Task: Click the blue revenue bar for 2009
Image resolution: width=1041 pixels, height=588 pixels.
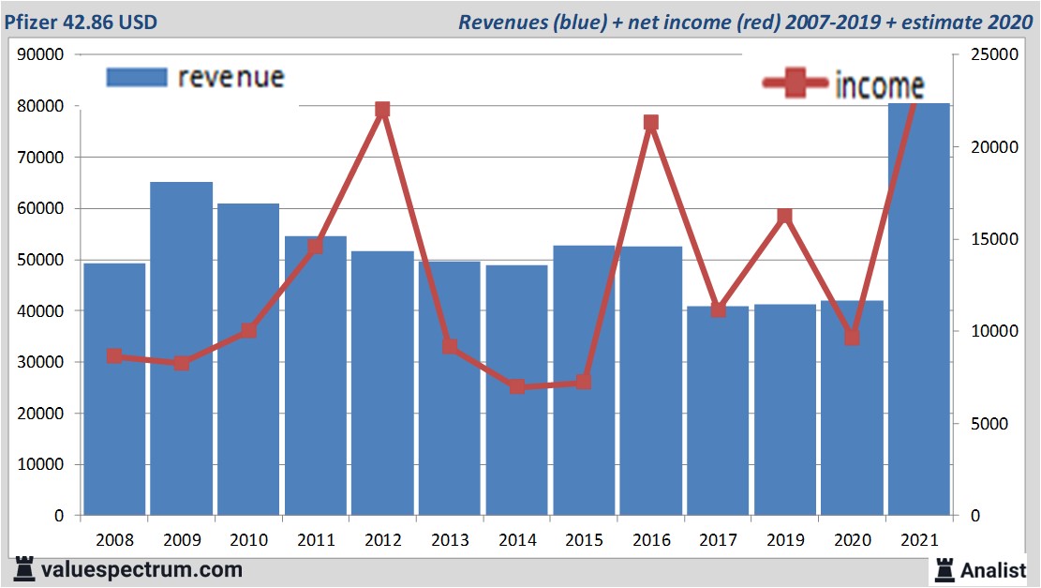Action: (x=181, y=347)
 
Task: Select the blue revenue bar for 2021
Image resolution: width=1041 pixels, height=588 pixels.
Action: (x=918, y=309)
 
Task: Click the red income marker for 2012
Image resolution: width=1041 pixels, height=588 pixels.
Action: (x=382, y=110)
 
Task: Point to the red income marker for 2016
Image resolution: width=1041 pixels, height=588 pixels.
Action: (x=651, y=123)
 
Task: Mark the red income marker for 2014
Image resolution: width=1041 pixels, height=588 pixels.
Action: (x=516, y=386)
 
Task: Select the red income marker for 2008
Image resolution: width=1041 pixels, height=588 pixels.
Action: (x=114, y=356)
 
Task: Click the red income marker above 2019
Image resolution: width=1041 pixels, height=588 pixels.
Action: (x=785, y=217)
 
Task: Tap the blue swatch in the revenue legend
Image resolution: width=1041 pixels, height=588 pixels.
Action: (x=136, y=77)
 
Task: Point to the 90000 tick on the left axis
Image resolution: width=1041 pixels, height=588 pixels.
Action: (x=40, y=54)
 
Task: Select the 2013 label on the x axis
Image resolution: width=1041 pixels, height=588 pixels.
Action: (x=450, y=540)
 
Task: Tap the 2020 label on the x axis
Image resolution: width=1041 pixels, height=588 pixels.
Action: (x=852, y=540)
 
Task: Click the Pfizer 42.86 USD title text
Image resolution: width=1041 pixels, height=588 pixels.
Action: (x=80, y=21)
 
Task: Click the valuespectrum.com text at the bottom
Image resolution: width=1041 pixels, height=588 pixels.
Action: (x=141, y=569)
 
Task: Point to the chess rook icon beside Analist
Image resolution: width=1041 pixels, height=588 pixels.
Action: (x=944, y=569)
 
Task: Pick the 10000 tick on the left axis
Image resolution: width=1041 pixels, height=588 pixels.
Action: (x=40, y=464)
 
